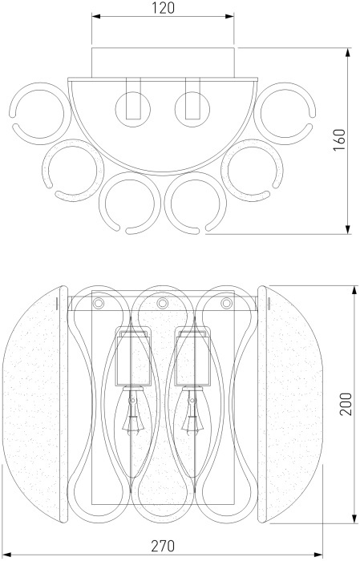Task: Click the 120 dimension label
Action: click(x=164, y=8)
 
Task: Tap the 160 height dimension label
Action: click(x=339, y=139)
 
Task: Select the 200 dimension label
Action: click(x=346, y=404)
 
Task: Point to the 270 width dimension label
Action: click(x=163, y=546)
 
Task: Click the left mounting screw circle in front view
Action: click(x=98, y=303)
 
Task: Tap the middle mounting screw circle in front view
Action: click(x=163, y=304)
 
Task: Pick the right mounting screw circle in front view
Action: click(x=226, y=304)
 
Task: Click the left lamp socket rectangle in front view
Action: click(x=133, y=357)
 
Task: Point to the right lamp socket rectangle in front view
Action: click(x=192, y=357)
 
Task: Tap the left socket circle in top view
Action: click(x=133, y=109)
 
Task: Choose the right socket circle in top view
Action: click(x=192, y=109)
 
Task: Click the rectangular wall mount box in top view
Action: click(x=163, y=63)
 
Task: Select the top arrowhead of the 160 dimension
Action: click(x=348, y=53)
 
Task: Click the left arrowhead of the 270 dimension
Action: click(x=8, y=555)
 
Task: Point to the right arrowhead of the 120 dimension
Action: click(x=229, y=16)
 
